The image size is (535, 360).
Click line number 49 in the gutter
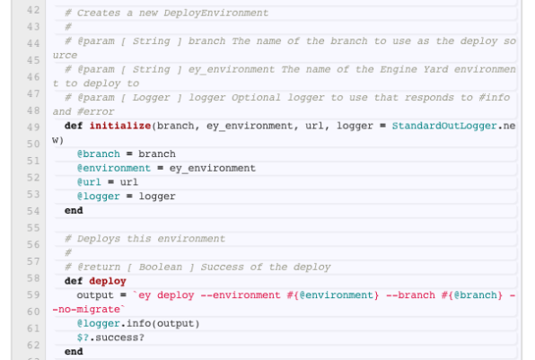coord(33,127)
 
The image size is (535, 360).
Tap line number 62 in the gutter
coord(33,345)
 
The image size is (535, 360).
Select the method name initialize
coord(120,126)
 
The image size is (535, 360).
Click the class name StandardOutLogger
coord(444,126)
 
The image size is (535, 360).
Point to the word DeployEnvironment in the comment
coord(216,13)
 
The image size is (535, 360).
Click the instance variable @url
coord(89,182)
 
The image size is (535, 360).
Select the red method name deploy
coord(108,281)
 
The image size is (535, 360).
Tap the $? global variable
coord(83,338)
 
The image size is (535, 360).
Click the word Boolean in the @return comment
coord(161,267)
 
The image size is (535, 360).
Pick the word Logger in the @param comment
coord(151,98)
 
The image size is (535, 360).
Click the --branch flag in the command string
coord(410,295)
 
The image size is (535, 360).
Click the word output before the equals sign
coord(95,295)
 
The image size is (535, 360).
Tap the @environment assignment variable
coord(114,168)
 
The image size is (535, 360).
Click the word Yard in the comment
coord(435,70)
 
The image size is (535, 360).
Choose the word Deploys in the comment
coord(99,239)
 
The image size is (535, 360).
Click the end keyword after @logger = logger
coord(74,211)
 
